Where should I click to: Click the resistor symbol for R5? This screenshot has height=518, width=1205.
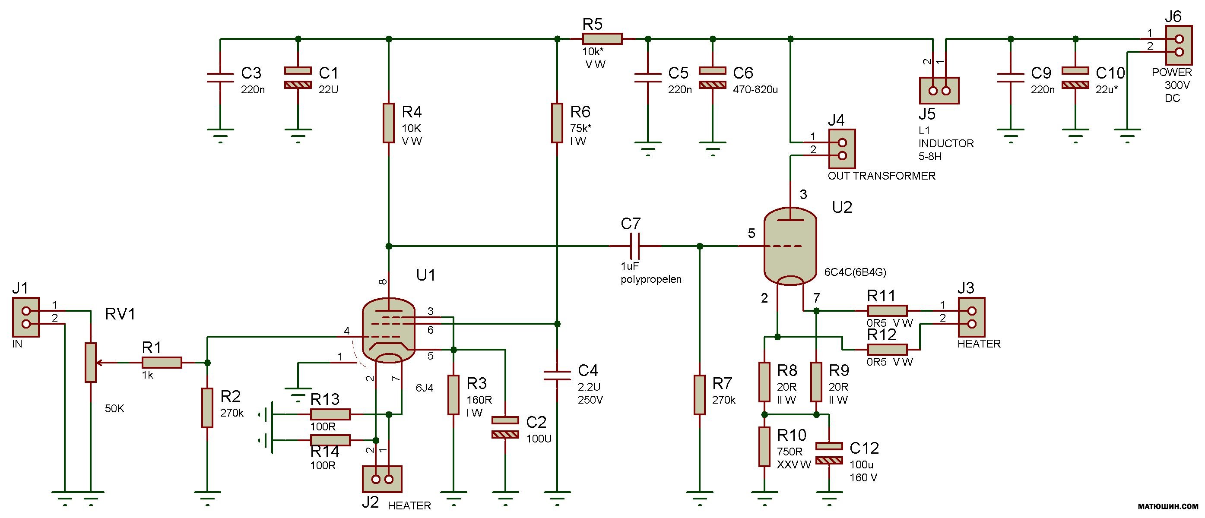click(x=602, y=39)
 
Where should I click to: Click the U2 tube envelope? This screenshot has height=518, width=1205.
click(x=790, y=247)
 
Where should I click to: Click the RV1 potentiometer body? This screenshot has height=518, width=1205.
click(x=90, y=362)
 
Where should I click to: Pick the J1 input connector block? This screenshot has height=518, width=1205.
click(x=25, y=317)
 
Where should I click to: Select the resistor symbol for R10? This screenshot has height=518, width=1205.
click(x=764, y=446)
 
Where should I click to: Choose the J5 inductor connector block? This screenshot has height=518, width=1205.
click(x=939, y=91)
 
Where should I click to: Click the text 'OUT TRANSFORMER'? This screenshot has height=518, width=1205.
click(x=882, y=176)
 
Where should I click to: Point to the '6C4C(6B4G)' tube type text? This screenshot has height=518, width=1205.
click(x=855, y=272)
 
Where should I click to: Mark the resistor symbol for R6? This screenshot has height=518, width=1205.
click(x=557, y=123)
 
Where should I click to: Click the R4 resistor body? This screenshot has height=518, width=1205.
click(x=388, y=123)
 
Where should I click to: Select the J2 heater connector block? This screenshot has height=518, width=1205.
click(x=382, y=479)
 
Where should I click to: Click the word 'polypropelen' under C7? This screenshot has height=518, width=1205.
click(x=651, y=280)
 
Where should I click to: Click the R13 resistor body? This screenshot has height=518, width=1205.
click(x=330, y=414)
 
